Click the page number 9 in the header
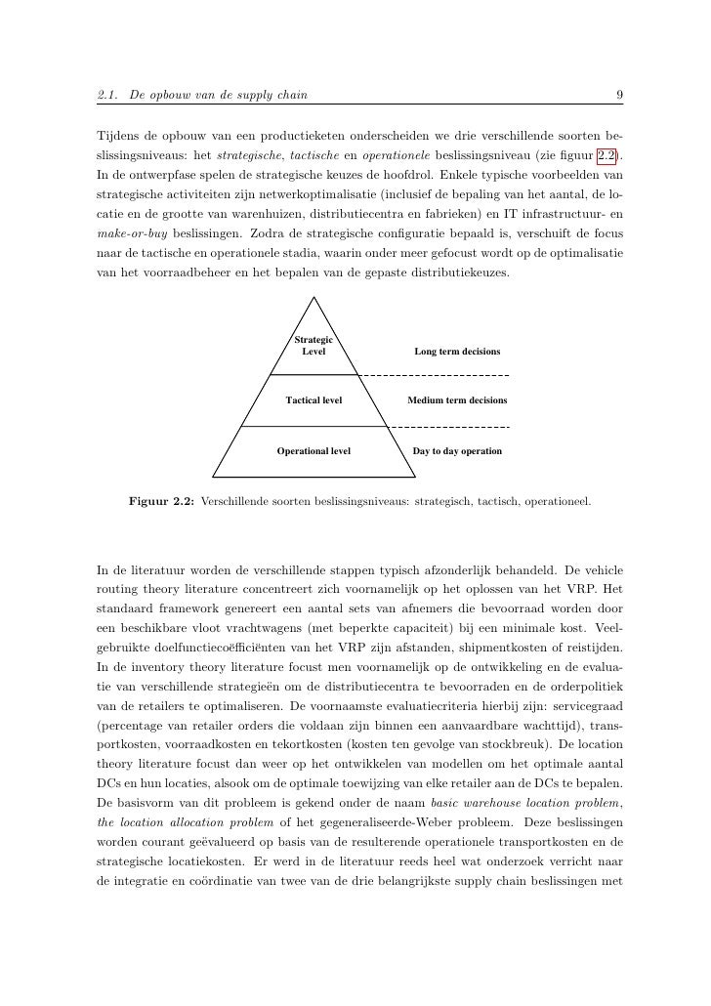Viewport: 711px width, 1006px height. pyautogui.click(x=620, y=95)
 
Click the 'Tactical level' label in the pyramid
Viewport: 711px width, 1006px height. pyautogui.click(x=314, y=400)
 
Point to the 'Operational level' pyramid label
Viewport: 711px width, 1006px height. pyautogui.click(x=314, y=451)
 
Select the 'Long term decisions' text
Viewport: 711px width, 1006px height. pyautogui.click(x=457, y=351)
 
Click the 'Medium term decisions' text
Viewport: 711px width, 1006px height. pyautogui.click(x=457, y=400)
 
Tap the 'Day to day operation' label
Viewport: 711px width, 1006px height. pyautogui.click(x=457, y=451)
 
